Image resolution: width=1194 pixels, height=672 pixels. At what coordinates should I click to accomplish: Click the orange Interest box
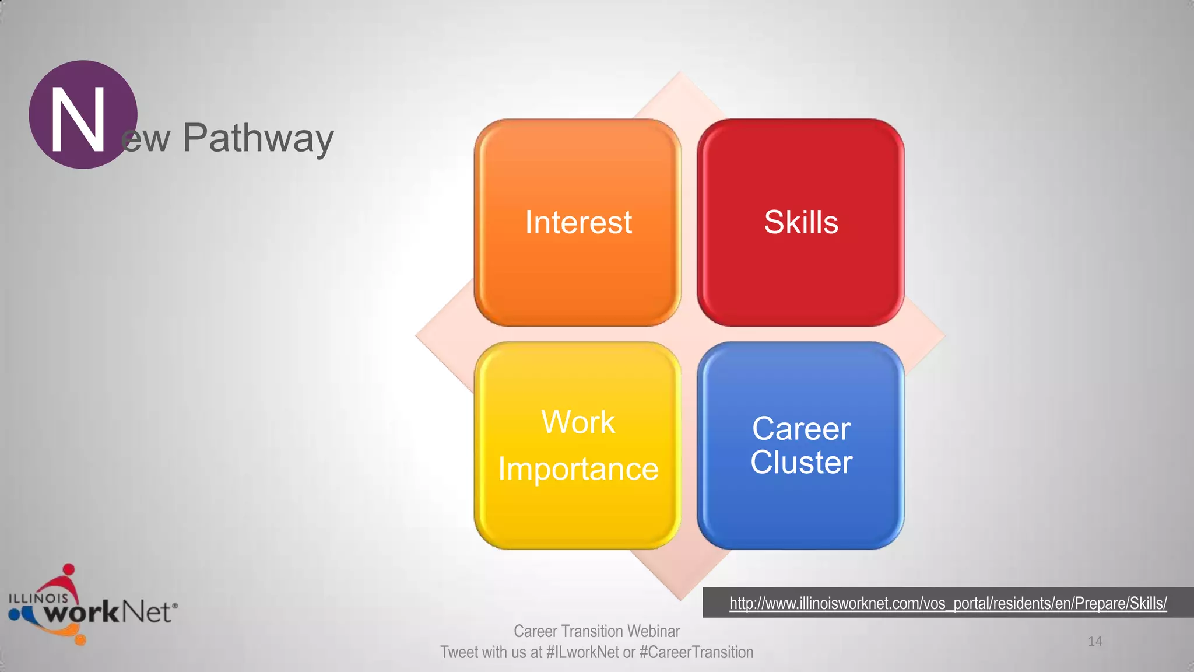coord(578,222)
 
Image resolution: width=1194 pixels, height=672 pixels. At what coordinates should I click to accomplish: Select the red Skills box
coord(800,222)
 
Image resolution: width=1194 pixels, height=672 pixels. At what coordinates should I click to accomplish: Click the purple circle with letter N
coord(82,114)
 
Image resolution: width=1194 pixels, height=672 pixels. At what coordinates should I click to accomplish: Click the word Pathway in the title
coord(258,139)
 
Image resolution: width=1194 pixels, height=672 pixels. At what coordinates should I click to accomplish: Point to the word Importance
coord(578,469)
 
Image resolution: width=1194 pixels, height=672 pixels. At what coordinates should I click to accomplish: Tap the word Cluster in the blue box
coord(801,463)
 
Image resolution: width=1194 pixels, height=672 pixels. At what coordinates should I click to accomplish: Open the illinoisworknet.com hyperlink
coord(947,603)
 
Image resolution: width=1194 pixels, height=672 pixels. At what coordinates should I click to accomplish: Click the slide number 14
coord(1095,642)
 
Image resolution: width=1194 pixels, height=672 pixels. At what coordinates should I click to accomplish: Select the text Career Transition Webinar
coord(596,631)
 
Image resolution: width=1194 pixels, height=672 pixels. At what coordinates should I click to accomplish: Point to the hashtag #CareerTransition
coord(696,652)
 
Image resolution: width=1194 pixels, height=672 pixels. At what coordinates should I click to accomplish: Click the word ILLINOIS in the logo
coord(38,598)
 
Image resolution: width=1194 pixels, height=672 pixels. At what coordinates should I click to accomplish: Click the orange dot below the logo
coord(80,640)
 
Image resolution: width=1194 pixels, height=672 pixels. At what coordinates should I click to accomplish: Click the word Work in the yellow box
coord(578,422)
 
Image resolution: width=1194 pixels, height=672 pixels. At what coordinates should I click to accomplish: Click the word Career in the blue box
coord(801,429)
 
